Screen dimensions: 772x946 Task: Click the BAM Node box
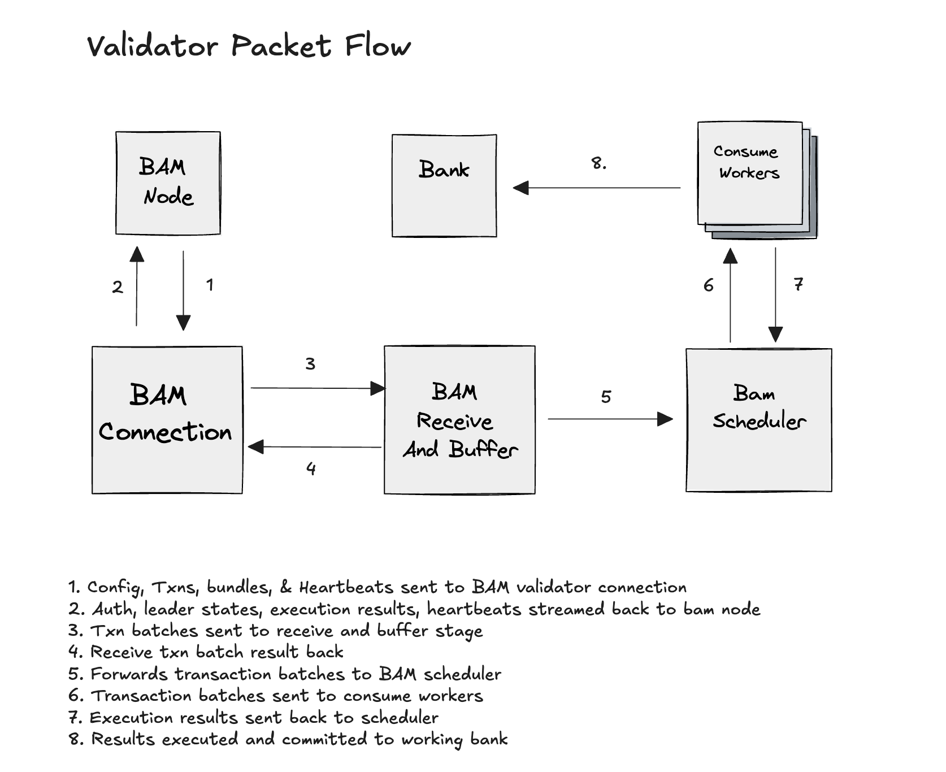pyautogui.click(x=168, y=183)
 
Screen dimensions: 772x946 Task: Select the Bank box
pyautogui.click(x=444, y=185)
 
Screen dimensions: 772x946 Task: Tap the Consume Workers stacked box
pyautogui.click(x=750, y=174)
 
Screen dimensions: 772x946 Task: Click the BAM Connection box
pyautogui.click(x=167, y=420)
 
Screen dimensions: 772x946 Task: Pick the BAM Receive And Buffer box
pyautogui.click(x=459, y=420)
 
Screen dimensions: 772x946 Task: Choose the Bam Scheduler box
pyautogui.click(x=758, y=420)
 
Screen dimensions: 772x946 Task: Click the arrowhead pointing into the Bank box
pyautogui.click(x=520, y=188)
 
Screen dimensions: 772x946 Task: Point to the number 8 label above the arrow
pyautogui.click(x=598, y=163)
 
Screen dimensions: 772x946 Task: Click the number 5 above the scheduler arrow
pyautogui.click(x=606, y=397)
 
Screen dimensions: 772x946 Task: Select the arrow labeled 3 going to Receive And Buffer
pyautogui.click(x=316, y=388)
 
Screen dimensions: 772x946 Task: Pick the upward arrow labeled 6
pyautogui.click(x=730, y=295)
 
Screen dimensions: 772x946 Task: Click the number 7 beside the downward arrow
pyautogui.click(x=798, y=284)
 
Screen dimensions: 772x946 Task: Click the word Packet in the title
pyautogui.click(x=281, y=46)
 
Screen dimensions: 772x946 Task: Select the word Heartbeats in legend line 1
pyautogui.click(x=346, y=588)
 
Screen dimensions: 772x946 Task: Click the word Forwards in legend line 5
pyautogui.click(x=129, y=674)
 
